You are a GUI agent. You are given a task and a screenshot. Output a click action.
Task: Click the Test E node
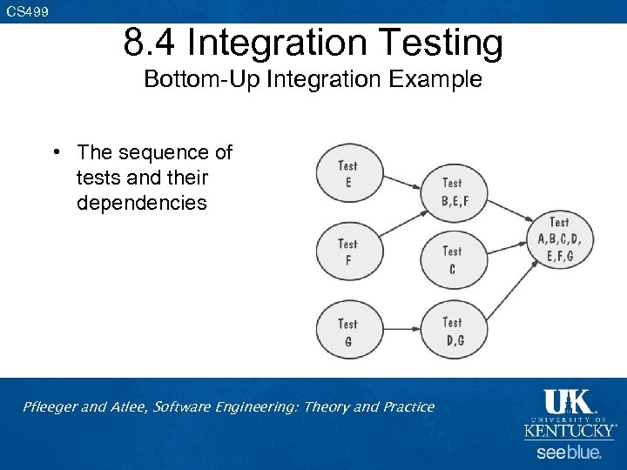(347, 173)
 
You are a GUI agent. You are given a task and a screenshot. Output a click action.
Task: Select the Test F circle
(347, 252)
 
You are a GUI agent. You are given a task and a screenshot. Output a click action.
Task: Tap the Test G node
(347, 332)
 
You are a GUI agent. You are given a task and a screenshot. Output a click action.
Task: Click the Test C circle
(452, 260)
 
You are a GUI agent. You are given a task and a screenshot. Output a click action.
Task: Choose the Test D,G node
(453, 331)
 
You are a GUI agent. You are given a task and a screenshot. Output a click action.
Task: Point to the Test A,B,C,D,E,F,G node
(559, 238)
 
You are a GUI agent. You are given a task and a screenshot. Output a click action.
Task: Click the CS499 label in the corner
(28, 11)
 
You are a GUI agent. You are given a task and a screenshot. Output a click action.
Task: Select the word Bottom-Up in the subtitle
(199, 79)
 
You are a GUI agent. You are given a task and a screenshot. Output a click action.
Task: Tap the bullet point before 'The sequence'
(54, 152)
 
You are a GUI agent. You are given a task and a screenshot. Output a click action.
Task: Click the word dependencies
(141, 203)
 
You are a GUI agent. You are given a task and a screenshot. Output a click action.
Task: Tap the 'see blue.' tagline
(569, 453)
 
